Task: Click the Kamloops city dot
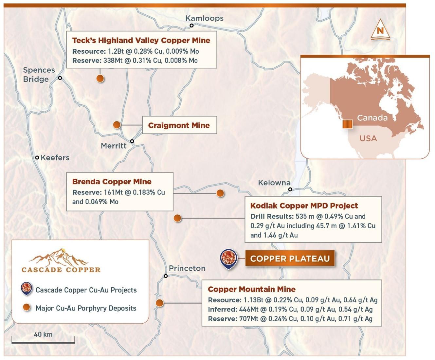(x=191, y=26)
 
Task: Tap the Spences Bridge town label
(x=39, y=75)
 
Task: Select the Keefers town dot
(x=37, y=158)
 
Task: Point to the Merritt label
(x=114, y=146)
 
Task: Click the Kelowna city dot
(x=290, y=189)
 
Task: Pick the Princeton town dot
(x=166, y=276)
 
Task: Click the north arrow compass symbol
(x=380, y=30)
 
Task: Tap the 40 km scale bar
(x=43, y=342)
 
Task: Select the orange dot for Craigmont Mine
(x=117, y=125)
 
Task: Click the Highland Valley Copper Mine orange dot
(x=100, y=79)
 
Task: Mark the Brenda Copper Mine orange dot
(x=220, y=193)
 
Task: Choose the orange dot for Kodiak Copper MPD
(x=177, y=218)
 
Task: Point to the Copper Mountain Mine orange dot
(x=159, y=303)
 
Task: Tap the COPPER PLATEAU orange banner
(x=290, y=259)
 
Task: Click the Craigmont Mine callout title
(x=179, y=125)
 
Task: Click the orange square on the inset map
(x=347, y=124)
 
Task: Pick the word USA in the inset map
(x=368, y=138)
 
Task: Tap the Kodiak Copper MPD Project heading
(x=304, y=206)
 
